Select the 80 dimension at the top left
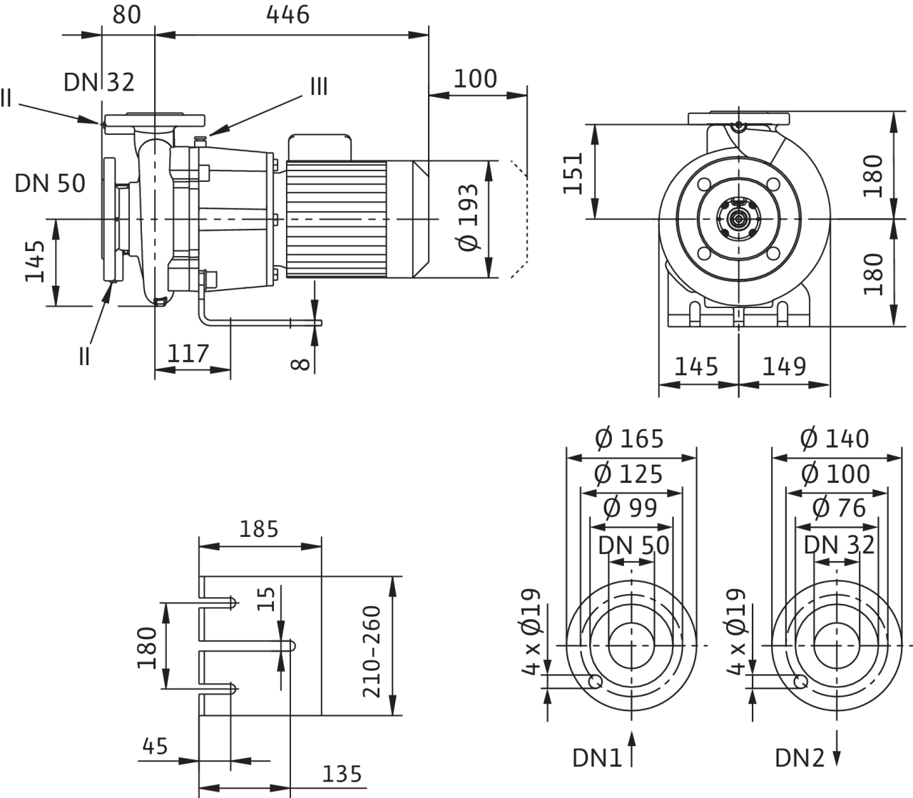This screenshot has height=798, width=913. (126, 15)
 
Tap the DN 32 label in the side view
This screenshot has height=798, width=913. (99, 82)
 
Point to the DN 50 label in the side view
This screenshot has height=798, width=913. (50, 183)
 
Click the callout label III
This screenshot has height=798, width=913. (318, 87)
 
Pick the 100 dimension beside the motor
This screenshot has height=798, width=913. (475, 78)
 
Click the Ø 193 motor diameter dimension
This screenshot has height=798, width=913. (467, 221)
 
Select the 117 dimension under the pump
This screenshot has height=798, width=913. (188, 353)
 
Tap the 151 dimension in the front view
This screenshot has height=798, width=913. (575, 172)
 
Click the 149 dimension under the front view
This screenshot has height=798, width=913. (784, 367)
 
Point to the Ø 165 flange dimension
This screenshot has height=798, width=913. (631, 438)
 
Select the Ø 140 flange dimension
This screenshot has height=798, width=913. (836, 438)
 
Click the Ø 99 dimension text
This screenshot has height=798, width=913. (631, 508)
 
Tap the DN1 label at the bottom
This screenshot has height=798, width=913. (597, 757)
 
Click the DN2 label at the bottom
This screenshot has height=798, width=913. (800, 757)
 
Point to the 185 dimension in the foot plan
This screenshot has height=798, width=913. (259, 529)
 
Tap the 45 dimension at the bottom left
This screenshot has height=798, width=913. (155, 747)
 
